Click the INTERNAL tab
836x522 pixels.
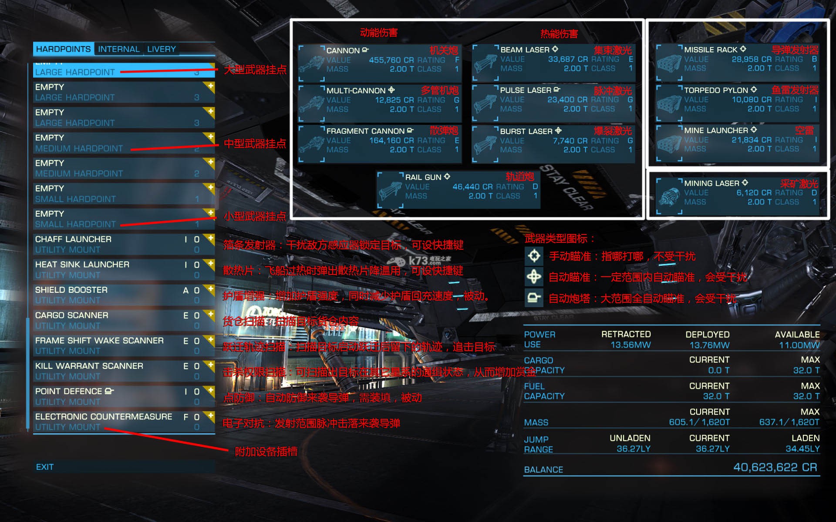pos(118,49)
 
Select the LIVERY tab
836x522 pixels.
pos(161,49)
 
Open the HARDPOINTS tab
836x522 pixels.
pos(63,49)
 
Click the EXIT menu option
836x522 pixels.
pos(45,467)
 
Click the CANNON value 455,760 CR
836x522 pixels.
pos(391,60)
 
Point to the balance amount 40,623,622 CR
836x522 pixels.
pos(775,468)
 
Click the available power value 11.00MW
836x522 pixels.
pos(799,345)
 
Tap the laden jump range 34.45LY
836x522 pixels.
pos(802,449)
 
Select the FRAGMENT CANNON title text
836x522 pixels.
pos(365,131)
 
